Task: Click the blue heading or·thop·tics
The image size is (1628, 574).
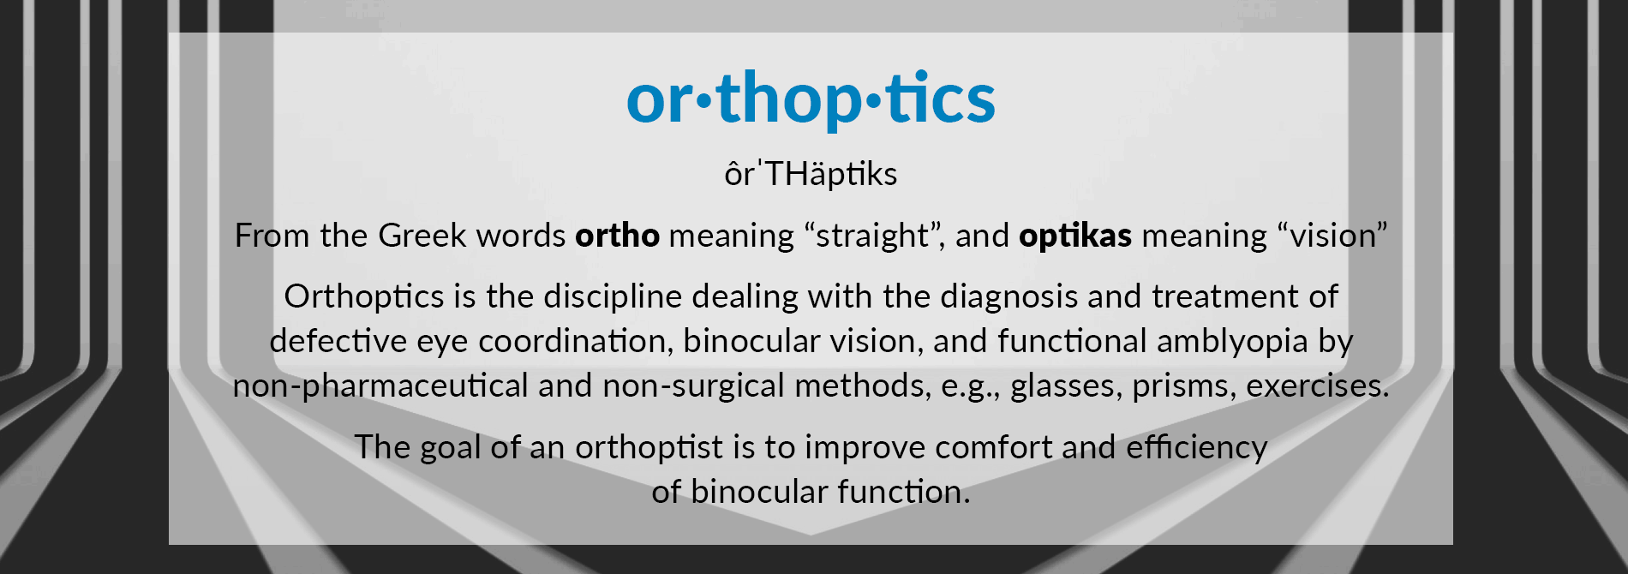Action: tap(811, 99)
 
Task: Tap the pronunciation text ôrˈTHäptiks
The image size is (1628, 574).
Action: tap(811, 174)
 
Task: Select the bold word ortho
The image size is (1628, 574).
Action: tap(617, 236)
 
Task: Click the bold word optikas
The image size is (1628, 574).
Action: tap(1075, 236)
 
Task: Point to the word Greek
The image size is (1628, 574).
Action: tap(422, 236)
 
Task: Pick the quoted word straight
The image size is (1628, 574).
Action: tap(873, 236)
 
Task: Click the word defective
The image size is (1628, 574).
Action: tap(338, 341)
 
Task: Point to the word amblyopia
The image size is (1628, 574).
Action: tap(1232, 342)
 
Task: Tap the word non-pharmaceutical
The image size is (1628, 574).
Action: tap(380, 386)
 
